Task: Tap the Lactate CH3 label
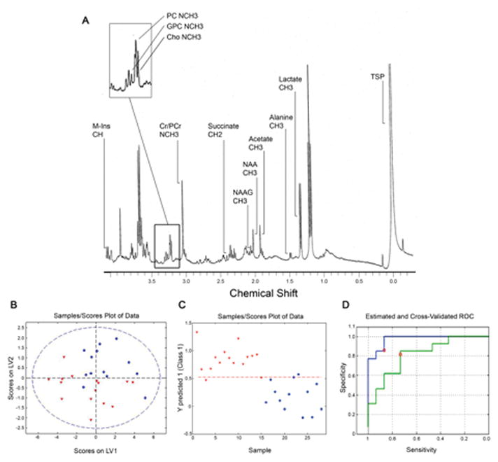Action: click(x=290, y=84)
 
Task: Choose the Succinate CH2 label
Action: click(x=220, y=131)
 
